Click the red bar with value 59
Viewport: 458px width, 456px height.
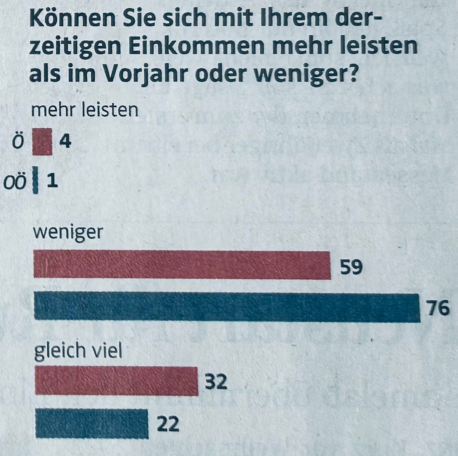click(182, 265)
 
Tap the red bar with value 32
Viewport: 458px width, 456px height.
click(116, 381)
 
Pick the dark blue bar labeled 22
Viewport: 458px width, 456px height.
click(92, 423)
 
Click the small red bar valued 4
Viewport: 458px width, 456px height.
click(42, 141)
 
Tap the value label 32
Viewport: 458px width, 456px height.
click(216, 382)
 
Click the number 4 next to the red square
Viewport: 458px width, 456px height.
click(65, 142)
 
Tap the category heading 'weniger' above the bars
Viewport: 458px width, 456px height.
click(68, 233)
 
